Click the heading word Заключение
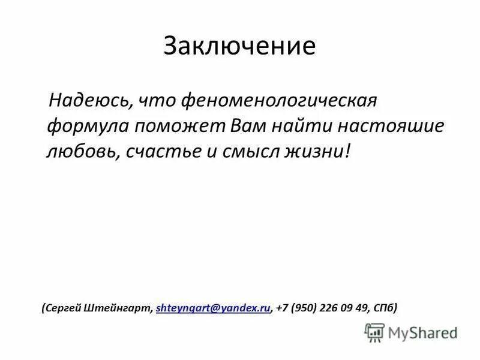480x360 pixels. [239, 47]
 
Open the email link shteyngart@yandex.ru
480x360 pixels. [212, 308]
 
